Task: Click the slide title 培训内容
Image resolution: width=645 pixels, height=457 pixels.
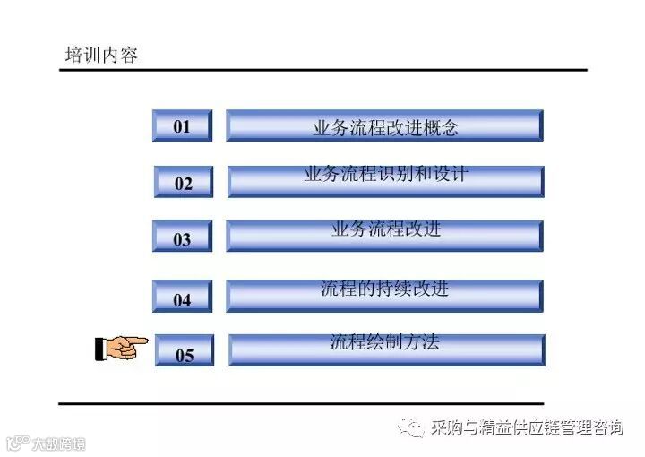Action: (x=101, y=55)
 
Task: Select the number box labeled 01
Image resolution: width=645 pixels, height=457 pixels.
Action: (x=182, y=126)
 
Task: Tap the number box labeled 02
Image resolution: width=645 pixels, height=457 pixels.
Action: (x=183, y=183)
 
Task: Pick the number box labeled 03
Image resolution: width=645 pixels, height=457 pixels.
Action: (x=182, y=238)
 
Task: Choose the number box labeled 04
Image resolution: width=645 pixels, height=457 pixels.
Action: (x=182, y=298)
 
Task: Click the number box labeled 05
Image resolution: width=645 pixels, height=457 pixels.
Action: (x=184, y=354)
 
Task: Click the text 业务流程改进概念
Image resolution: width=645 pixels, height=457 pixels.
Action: (x=385, y=127)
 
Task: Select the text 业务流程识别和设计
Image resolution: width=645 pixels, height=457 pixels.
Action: (x=385, y=174)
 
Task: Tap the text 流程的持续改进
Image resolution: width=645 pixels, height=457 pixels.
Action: (x=385, y=289)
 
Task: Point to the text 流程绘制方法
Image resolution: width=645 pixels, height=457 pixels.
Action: (x=385, y=341)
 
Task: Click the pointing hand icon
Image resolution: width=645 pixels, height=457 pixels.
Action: (x=121, y=347)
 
